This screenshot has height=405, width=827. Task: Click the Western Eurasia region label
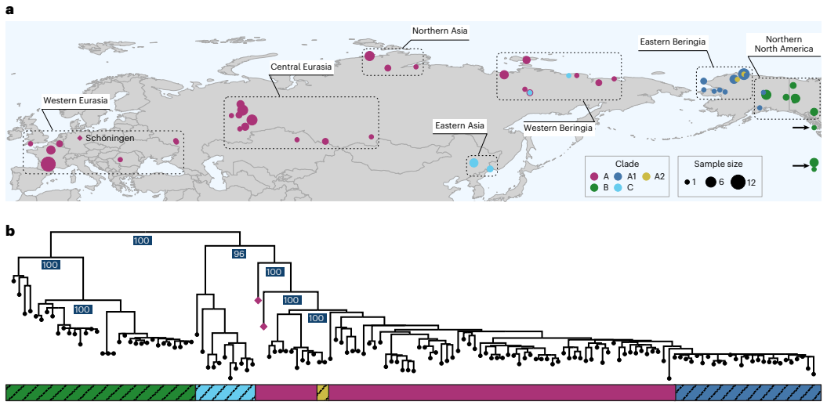pos(75,101)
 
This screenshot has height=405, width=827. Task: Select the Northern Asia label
pos(440,31)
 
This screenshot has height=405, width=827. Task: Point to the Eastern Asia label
pos(462,125)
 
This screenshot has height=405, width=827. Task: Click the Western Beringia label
pos(558,127)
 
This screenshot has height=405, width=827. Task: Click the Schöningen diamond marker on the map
pos(79,138)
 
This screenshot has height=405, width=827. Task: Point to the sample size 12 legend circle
pos(738,183)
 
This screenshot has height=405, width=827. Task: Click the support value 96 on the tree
pos(239,254)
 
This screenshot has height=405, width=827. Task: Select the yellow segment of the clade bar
pos(322,392)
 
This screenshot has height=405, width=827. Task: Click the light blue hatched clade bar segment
pos(225,392)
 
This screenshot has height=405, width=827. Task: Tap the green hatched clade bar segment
pos(100,392)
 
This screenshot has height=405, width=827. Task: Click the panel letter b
pos(10,231)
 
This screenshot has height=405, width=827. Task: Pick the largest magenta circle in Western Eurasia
pos(48,164)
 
